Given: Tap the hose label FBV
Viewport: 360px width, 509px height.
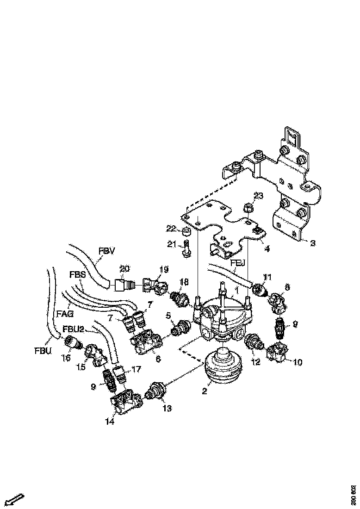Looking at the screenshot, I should point(106,251).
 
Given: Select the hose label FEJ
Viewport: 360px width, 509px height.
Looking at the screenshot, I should point(239,262).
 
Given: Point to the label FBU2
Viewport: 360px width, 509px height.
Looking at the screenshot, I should point(74,329).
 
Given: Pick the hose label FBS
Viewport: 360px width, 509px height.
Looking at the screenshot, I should point(77,274).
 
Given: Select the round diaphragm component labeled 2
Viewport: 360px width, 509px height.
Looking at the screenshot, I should point(224,368).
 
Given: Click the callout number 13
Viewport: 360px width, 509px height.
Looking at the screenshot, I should point(167,409).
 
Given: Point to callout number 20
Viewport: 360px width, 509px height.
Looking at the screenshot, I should point(125,268).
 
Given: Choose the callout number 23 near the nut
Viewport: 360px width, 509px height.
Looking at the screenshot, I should point(258,196).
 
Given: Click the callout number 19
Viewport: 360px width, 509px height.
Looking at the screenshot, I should point(165,270).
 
